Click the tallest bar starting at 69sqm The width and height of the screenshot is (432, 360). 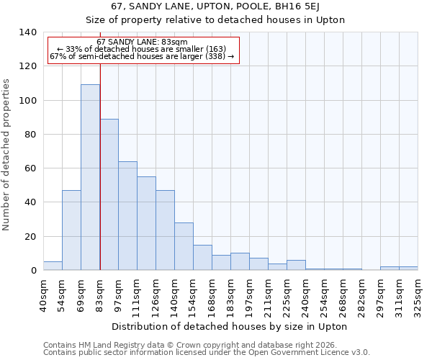[90, 177]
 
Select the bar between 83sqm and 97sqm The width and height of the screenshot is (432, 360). [109, 194]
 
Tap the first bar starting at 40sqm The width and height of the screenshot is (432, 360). [53, 266]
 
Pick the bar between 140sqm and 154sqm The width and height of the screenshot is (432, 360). [184, 246]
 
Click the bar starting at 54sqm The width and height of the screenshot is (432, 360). [71, 230]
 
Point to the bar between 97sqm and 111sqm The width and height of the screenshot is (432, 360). [127, 216]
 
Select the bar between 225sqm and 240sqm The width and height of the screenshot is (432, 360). [296, 265]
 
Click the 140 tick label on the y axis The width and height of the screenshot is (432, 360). [27, 32]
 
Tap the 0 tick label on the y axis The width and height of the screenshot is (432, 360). [33, 271]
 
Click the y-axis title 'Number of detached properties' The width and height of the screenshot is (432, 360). [7, 155]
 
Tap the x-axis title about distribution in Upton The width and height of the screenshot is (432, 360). [230, 326]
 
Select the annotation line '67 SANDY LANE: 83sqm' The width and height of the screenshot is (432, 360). [142, 42]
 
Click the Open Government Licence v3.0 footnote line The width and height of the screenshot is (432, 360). [207, 353]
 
